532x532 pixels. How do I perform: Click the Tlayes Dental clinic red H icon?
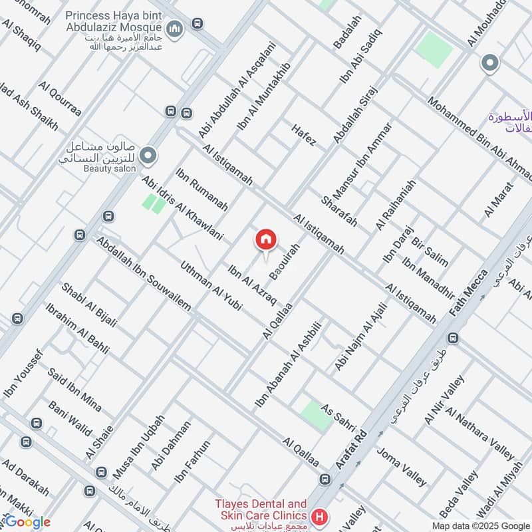coord(320,516)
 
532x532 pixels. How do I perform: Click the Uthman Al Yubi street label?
coord(211,287)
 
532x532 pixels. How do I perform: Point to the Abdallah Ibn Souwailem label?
coord(143,273)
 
